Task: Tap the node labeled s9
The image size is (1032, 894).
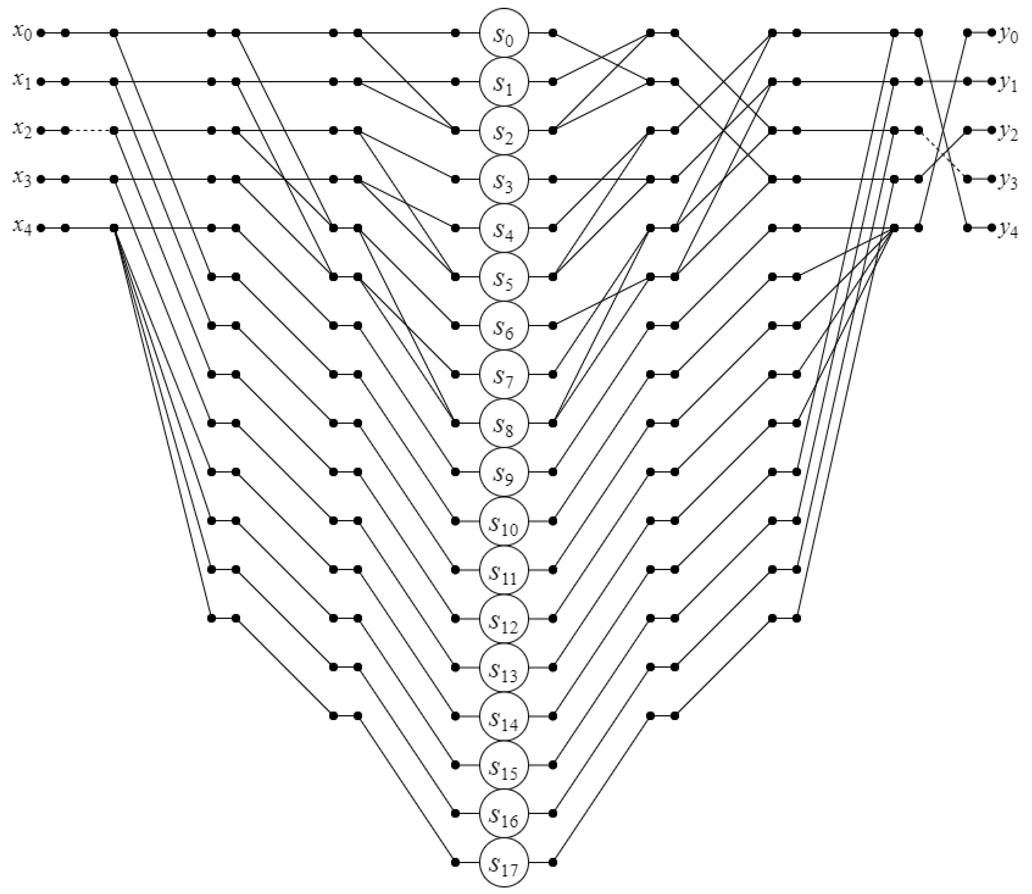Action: (x=504, y=471)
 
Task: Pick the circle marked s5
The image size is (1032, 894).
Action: (x=504, y=276)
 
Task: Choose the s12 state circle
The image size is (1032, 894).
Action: (x=504, y=618)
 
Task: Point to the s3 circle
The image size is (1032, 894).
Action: (x=504, y=179)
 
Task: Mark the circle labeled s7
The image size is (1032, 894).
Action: (x=504, y=374)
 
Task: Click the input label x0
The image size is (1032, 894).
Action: (x=22, y=33)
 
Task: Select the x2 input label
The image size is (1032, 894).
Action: (x=22, y=130)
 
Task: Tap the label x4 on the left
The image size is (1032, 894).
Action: (x=22, y=228)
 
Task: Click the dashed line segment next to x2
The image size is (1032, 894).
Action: (x=89, y=131)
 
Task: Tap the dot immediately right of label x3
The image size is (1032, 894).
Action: (x=41, y=179)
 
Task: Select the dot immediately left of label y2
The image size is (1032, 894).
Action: (x=992, y=131)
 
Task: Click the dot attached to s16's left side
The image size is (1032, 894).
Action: (x=455, y=813)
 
